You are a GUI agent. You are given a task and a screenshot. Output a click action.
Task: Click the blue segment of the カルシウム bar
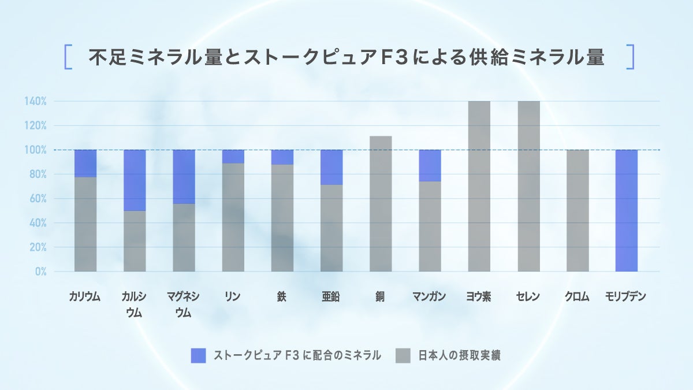coord(135,180)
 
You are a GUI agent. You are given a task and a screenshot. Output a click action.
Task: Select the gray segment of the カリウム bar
coord(85,224)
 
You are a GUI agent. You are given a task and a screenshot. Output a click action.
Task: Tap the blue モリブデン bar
coord(627,211)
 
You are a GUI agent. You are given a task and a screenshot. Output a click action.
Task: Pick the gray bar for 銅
coord(381,204)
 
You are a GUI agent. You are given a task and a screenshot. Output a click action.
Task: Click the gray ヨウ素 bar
coord(479,186)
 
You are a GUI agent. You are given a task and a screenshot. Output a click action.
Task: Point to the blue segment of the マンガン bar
coord(430,166)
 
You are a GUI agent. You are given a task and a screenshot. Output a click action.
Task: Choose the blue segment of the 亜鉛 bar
coord(331,168)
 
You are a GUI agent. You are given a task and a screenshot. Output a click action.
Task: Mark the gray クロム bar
coord(577,211)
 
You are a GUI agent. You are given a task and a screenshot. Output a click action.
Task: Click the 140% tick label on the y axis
coord(35,102)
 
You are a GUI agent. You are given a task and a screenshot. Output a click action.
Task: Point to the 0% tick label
coord(40,272)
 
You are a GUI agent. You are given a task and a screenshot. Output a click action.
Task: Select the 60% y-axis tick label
coord(38,199)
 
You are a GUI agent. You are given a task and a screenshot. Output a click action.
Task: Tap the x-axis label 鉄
coord(282,297)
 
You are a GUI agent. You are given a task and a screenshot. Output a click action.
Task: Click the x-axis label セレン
coord(528,297)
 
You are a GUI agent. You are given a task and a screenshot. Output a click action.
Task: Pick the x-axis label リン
coord(233,297)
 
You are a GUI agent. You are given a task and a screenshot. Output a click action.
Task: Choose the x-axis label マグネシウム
coord(183,304)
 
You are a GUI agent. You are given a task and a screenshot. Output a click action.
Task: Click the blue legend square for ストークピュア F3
coord(198,356)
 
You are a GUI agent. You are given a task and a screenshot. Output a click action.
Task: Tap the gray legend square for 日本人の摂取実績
coord(403,356)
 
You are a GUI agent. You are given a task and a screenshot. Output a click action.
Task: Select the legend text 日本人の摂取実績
coord(459,356)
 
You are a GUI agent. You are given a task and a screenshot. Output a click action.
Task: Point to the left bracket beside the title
coord(68,57)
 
